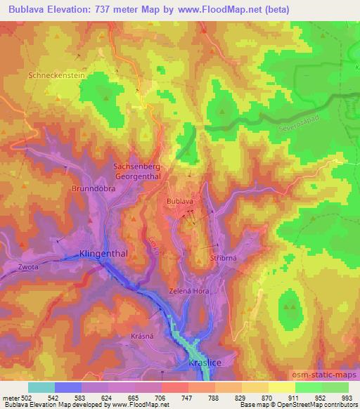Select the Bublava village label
(x=179, y=202)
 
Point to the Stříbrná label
(x=223, y=259)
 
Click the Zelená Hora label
(x=190, y=290)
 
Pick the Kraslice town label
(x=205, y=363)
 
